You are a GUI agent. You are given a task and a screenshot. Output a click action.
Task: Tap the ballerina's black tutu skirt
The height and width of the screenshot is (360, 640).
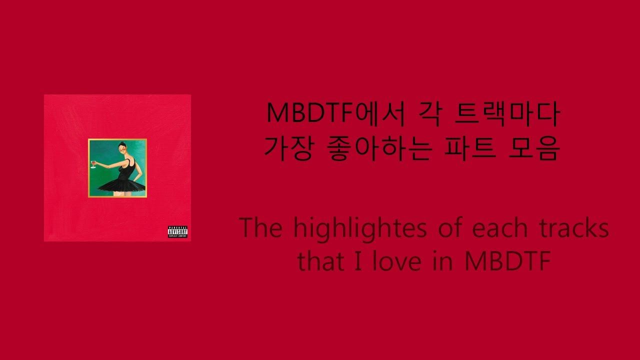[122, 186]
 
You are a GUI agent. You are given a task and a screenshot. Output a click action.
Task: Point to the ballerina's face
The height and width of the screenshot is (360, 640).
[122, 149]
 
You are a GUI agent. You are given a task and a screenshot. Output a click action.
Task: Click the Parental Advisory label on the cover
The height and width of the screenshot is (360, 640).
[177, 231]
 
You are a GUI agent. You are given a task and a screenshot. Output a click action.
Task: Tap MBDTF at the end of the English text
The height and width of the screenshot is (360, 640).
[507, 261]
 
